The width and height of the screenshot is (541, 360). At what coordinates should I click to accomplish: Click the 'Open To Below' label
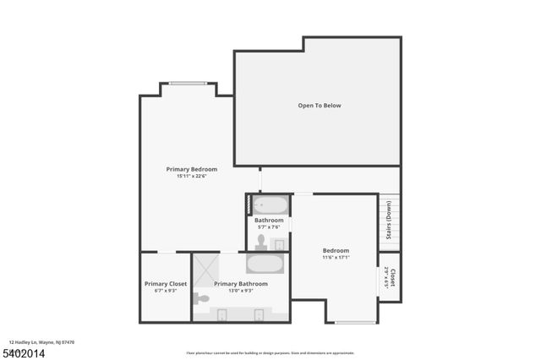coord(320,106)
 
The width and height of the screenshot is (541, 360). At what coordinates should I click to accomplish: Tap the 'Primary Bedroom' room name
coord(191,169)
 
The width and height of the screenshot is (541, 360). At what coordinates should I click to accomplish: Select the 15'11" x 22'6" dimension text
coord(191,177)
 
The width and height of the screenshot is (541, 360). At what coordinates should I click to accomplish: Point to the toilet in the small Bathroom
coord(261,243)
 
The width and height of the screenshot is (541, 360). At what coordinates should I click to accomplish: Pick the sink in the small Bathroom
coord(280,244)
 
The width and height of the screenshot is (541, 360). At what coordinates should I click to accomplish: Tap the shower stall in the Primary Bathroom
coord(204,270)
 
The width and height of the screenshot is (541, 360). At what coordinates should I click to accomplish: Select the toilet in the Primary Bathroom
coord(200,297)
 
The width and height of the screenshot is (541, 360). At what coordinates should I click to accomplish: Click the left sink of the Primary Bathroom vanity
coord(221,315)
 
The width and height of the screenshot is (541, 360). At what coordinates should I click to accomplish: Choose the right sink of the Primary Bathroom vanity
coord(260,315)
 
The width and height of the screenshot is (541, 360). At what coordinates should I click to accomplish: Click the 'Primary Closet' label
coord(166,284)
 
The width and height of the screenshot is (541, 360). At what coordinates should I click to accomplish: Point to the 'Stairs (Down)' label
coord(389,220)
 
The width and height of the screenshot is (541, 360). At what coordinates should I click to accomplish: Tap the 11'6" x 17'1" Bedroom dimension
coord(336,258)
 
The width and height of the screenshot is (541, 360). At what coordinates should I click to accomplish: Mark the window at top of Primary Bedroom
coord(186,83)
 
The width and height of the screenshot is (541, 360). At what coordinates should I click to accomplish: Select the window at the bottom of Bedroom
coord(355,322)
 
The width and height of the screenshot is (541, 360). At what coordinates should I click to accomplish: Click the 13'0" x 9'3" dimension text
coord(241,291)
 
